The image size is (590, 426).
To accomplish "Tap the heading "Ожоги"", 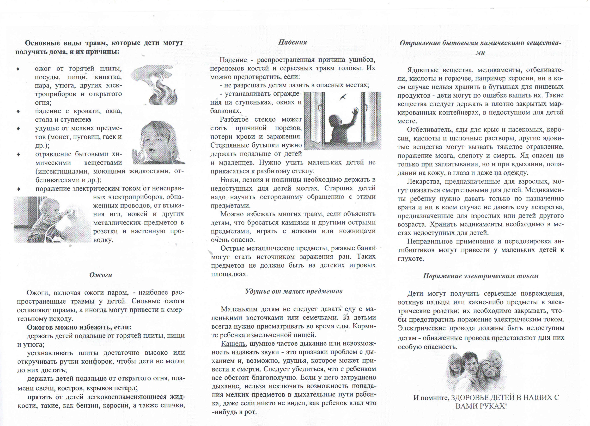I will (x=101, y=275).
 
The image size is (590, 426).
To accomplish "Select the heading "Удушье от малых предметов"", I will (x=293, y=291).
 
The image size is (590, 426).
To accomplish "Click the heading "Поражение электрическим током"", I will (x=480, y=276).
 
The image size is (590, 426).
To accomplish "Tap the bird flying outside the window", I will (x=343, y=97).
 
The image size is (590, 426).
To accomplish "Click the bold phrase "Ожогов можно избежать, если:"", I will (x=79, y=327).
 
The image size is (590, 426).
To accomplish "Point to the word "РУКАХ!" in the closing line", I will (x=494, y=406).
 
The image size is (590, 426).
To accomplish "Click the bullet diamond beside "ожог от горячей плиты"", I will (x=18, y=69).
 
